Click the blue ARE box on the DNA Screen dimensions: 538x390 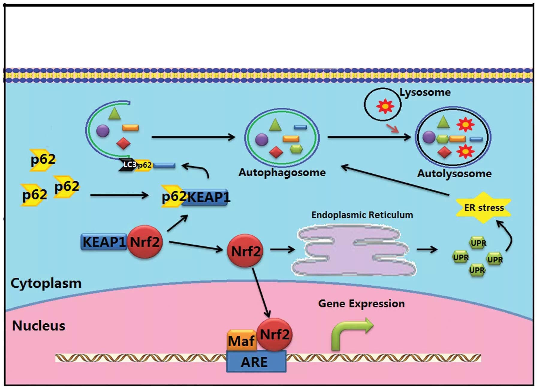tap(256, 361)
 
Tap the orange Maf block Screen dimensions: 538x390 tap(242, 340)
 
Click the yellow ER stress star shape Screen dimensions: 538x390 tap(483, 207)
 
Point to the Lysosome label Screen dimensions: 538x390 tap(425, 92)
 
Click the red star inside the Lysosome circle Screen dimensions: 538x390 tap(385, 106)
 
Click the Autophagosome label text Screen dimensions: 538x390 tap(282, 172)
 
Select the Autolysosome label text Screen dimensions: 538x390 tap(454, 173)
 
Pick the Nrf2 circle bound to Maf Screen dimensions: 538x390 tap(275, 334)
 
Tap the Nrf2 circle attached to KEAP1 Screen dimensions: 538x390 tap(145, 241)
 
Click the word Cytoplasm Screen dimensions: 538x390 tap(46, 283)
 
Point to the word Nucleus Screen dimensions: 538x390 tap(39, 325)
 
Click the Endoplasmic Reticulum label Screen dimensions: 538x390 tap(362, 215)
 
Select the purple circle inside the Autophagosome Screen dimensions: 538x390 tap(262, 140)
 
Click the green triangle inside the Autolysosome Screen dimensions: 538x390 tap(443, 122)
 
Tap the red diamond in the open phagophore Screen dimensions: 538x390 tap(123, 143)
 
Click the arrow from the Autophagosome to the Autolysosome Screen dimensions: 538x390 tap(369, 137)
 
